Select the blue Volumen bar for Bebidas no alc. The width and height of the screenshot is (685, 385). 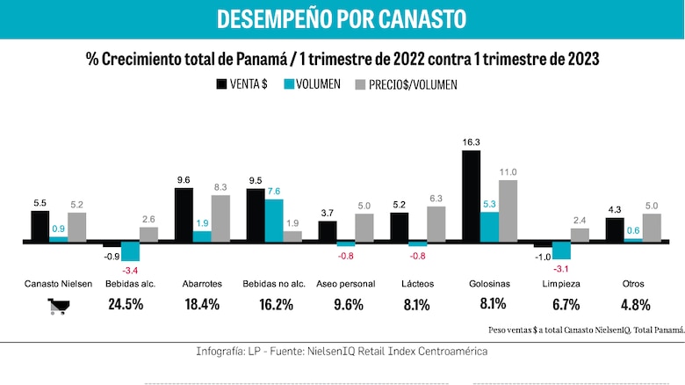pos(274,220)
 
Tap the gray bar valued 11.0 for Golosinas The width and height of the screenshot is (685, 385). pos(508,210)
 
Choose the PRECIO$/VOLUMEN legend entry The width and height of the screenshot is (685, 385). pos(406,84)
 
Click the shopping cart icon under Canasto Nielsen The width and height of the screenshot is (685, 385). pos(59,307)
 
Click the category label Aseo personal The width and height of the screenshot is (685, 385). pos(345,284)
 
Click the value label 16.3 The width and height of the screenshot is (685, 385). pos(471,142)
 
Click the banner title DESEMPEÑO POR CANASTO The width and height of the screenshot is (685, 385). pos(342,19)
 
